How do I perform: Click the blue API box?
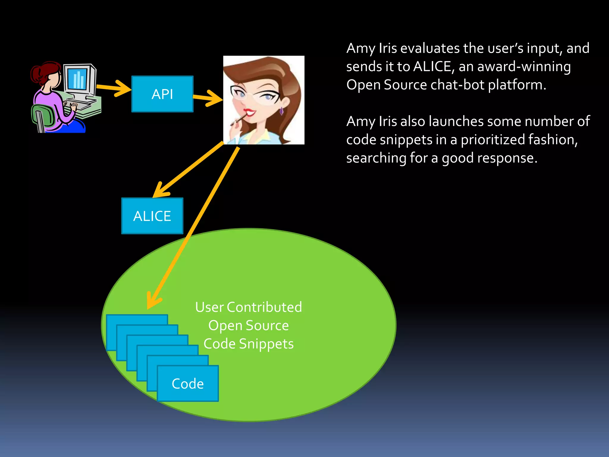pyautogui.click(x=162, y=94)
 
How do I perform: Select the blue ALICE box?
pyautogui.click(x=152, y=216)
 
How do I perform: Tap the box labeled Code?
pyautogui.click(x=188, y=384)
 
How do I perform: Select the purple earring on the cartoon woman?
pyautogui.click(x=281, y=111)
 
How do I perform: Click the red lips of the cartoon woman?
pyautogui.click(x=249, y=112)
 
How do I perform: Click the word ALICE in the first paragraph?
pyautogui.click(x=433, y=67)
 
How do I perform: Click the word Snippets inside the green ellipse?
pyautogui.click(x=266, y=344)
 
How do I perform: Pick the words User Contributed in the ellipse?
pyautogui.click(x=248, y=307)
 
